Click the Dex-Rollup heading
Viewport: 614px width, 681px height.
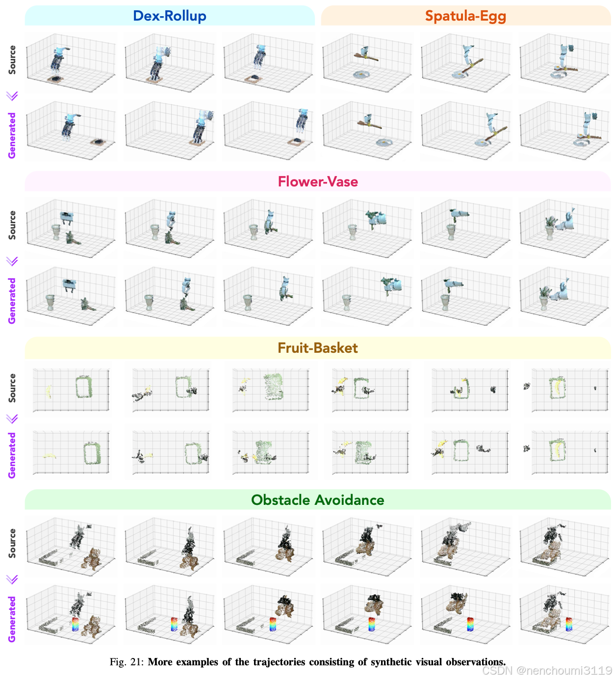[170, 16]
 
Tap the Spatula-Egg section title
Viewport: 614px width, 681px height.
[465, 16]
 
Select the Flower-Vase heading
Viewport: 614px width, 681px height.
[318, 182]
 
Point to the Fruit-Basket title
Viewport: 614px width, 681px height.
[318, 348]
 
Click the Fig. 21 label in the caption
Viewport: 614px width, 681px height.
[126, 662]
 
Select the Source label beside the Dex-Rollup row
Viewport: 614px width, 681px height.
[12, 60]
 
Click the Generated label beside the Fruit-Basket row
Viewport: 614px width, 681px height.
[12, 455]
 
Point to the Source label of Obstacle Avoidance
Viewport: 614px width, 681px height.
[12, 543]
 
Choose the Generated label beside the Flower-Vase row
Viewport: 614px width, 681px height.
[12, 301]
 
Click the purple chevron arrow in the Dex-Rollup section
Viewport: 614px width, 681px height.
[12, 96]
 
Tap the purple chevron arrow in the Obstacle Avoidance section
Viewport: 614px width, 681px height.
[12, 579]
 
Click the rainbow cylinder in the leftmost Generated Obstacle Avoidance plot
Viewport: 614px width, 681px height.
[75, 625]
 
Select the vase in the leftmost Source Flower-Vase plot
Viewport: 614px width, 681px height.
[56, 232]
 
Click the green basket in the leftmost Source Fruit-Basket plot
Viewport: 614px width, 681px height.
[84, 387]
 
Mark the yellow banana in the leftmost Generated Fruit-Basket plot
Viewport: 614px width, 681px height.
[49, 456]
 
